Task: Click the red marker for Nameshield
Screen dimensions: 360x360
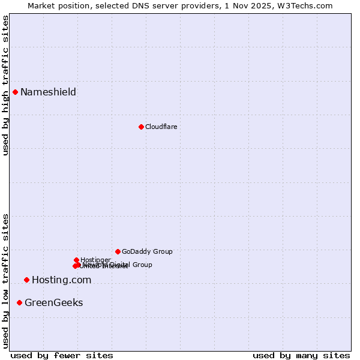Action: pyautogui.click(x=15, y=92)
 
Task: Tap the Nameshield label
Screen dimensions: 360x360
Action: pyautogui.click(x=48, y=92)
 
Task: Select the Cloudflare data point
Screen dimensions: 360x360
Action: pyautogui.click(x=141, y=127)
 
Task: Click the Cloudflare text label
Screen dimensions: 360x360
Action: pyautogui.click(x=161, y=127)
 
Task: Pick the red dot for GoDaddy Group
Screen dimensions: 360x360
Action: pyautogui.click(x=118, y=251)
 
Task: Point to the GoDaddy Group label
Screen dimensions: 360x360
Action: pyautogui.click(x=147, y=251)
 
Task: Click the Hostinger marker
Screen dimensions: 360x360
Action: pyautogui.click(x=76, y=260)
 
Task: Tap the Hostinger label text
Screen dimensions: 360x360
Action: pyautogui.click(x=95, y=260)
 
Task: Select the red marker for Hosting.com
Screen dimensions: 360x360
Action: pyautogui.click(x=26, y=280)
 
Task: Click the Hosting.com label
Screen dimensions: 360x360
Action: pyautogui.click(x=61, y=280)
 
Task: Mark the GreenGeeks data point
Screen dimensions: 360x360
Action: pyautogui.click(x=20, y=302)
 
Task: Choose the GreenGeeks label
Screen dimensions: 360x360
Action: pyautogui.click(x=53, y=302)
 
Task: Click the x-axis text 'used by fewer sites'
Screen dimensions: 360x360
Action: pyautogui.click(x=62, y=355)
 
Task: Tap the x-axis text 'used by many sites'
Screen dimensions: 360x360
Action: pyautogui.click(x=301, y=355)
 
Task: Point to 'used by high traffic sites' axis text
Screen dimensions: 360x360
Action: pyautogui.click(x=6, y=85)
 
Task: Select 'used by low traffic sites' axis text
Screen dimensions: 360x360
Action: pyautogui.click(x=6, y=281)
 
